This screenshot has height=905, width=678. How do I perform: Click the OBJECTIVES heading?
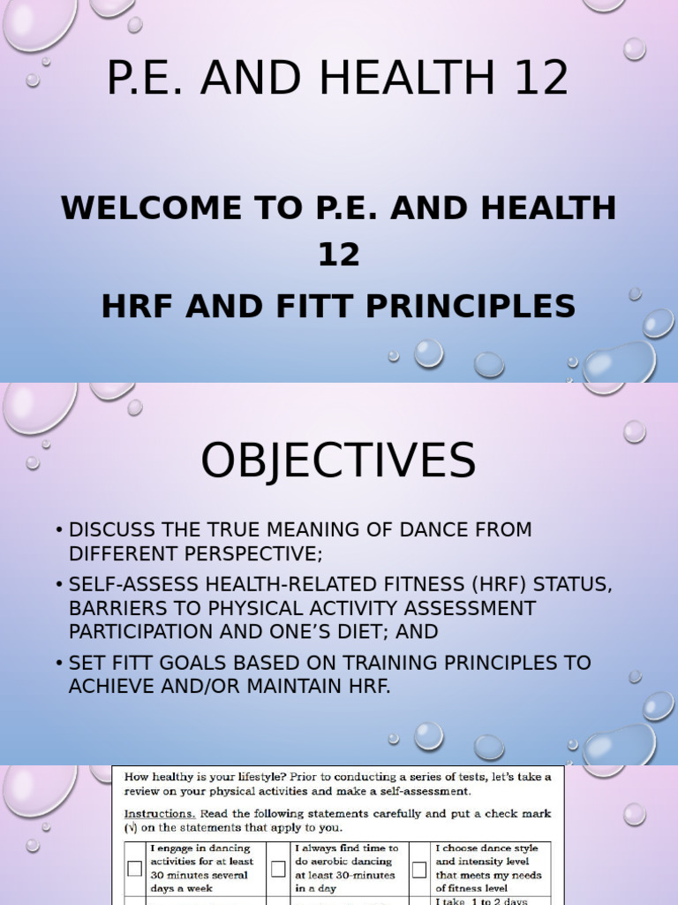point(338,461)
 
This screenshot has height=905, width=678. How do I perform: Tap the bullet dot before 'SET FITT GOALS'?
point(58,664)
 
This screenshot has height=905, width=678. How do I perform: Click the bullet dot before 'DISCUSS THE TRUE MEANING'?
point(58,531)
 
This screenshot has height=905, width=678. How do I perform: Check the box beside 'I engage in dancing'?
point(134,868)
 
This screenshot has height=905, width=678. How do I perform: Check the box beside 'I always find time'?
point(278,868)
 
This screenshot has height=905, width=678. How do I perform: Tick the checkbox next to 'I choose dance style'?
point(418,868)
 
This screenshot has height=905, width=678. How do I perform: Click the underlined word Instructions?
point(158,813)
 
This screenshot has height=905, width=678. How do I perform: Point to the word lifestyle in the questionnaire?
point(269,776)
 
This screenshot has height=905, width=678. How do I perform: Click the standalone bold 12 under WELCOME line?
point(339,255)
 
